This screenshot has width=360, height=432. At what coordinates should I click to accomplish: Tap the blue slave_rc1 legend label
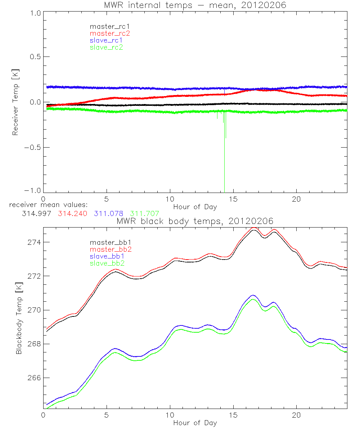pos(105,40)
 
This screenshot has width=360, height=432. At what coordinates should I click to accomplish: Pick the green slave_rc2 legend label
pos(106,47)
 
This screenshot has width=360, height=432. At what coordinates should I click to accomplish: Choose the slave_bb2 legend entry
pos(106,263)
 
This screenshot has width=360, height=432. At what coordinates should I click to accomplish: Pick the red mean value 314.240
pos(72,213)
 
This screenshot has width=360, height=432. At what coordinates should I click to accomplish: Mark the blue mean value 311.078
pos(108,213)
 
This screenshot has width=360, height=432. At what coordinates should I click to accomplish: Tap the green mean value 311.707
pos(144,213)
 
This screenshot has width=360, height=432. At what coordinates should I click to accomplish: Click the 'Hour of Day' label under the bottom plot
pos(195,422)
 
